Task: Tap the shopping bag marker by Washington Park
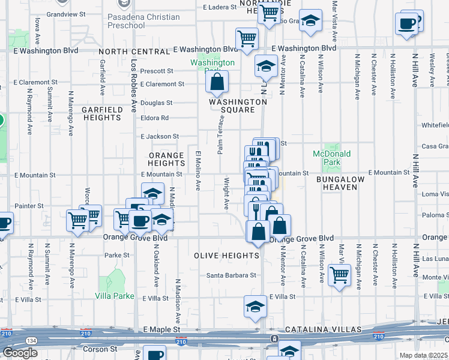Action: [x=217, y=82]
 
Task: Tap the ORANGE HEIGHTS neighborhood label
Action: [x=166, y=159]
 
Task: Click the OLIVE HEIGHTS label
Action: [x=226, y=255]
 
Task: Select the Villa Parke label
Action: [x=115, y=295]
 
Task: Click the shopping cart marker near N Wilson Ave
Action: [x=340, y=276]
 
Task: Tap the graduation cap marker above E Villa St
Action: [x=255, y=306]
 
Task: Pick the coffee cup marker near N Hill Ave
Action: [x=406, y=25]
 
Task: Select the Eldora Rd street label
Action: [x=155, y=118]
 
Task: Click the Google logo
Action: [x=20, y=353]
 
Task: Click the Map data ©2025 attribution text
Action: [x=424, y=355]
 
